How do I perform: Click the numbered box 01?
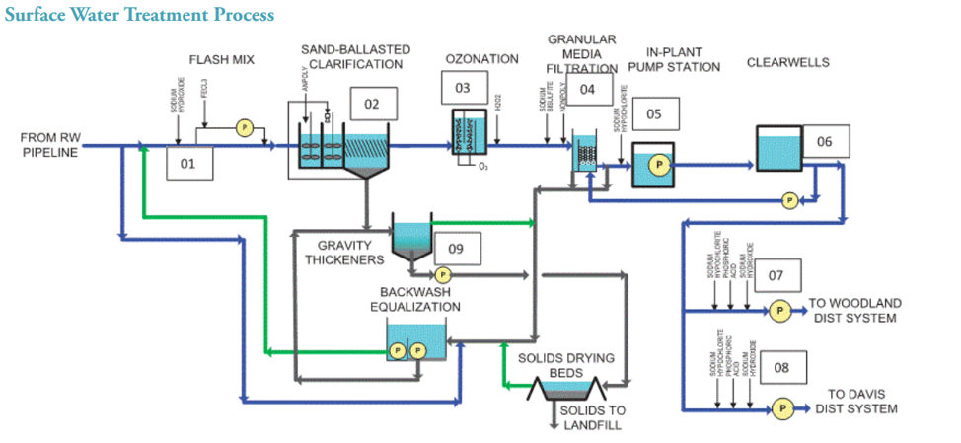point(187,164)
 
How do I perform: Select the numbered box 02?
point(372,104)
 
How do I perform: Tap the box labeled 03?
point(463,88)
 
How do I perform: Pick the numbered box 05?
point(653,113)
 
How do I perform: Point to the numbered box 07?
point(776,275)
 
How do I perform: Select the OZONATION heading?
point(481,59)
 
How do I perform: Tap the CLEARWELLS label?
point(787,62)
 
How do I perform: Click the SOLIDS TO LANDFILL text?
point(591,417)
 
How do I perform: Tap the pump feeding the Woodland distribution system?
point(778,310)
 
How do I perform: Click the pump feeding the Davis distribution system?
point(783,407)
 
